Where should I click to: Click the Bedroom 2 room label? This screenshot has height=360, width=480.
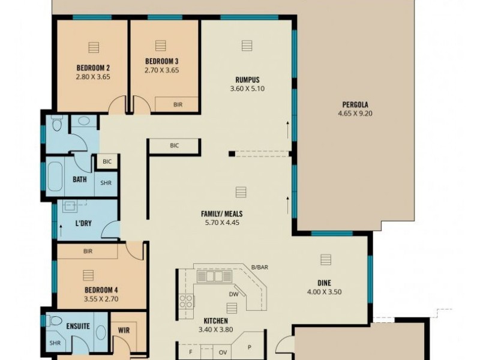click(x=92, y=68)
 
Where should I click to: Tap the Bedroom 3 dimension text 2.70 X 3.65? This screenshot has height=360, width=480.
click(x=161, y=70)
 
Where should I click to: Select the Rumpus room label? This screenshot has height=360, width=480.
click(x=247, y=79)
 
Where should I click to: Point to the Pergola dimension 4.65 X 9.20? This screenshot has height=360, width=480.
click(x=355, y=113)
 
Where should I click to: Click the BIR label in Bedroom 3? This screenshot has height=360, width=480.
click(x=178, y=104)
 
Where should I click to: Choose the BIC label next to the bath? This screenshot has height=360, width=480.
click(x=107, y=161)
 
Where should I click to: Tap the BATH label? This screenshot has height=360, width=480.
click(x=80, y=179)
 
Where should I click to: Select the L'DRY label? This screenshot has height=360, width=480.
click(x=82, y=223)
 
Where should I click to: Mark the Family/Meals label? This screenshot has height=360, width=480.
click(x=221, y=214)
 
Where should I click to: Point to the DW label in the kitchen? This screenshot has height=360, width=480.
click(x=235, y=294)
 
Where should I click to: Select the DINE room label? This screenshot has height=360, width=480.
click(x=325, y=283)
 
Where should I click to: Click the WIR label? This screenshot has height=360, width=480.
click(x=124, y=330)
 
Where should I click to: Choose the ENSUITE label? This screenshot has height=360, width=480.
click(x=78, y=326)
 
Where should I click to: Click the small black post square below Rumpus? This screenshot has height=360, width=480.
click(x=231, y=154)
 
